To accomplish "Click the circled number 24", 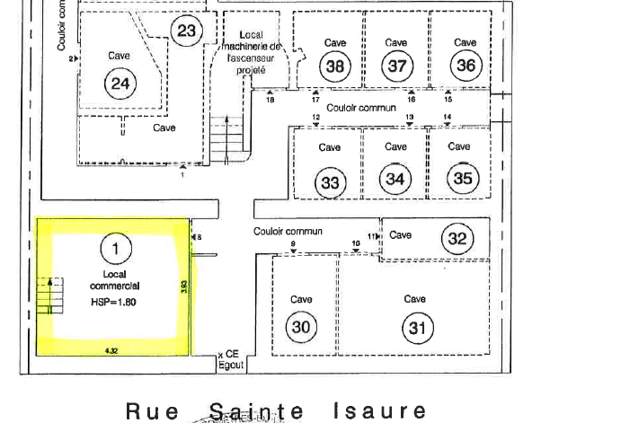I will coord(119,84).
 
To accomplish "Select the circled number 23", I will coord(186,32).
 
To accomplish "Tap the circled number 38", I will coord(336,66).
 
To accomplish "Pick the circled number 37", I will coord(396,66).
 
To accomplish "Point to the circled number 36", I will coord(466,66).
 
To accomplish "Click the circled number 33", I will coord(331,183).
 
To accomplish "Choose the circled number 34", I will coord(395,179).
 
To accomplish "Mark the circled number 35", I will coord(462,178).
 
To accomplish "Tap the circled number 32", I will coord(457,238).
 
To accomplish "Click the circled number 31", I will coord(416,328).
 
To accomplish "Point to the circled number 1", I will coord(114,245).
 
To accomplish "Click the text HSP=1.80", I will coord(113,303).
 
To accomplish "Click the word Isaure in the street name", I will coord(380,412).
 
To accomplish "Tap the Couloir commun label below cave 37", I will coord(361,107).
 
